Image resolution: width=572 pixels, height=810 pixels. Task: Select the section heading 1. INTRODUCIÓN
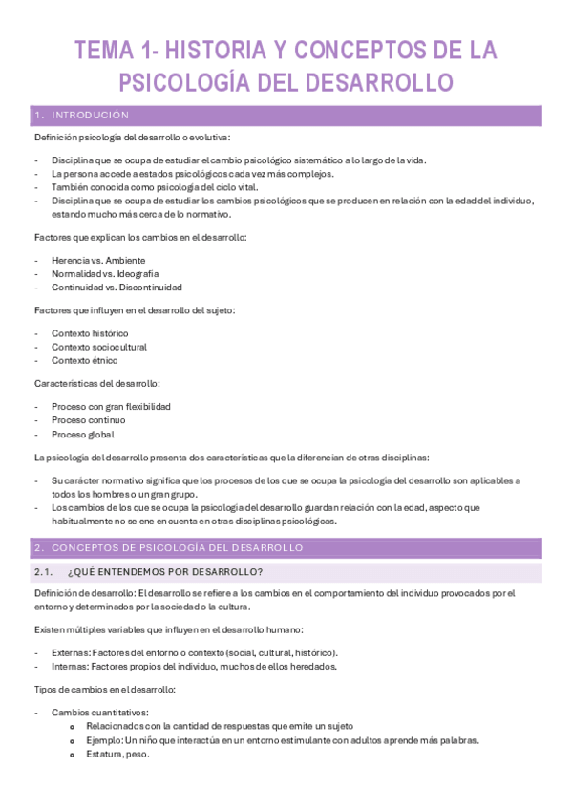pyautogui.click(x=81, y=116)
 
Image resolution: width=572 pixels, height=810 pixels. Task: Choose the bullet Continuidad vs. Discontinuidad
pyautogui.click(x=117, y=287)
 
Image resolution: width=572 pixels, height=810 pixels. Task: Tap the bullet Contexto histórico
pyautogui.click(x=90, y=333)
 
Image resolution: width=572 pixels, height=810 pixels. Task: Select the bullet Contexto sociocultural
pyautogui.click(x=99, y=347)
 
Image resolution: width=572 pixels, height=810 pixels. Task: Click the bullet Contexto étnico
pyautogui.click(x=84, y=360)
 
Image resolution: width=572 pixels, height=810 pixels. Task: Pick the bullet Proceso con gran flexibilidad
pyautogui.click(x=111, y=406)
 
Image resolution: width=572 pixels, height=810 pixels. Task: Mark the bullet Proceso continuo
pyautogui.click(x=88, y=419)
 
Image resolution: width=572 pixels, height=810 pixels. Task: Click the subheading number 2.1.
pyautogui.click(x=43, y=572)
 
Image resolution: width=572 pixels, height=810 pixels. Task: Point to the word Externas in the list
pyautogui.click(x=70, y=652)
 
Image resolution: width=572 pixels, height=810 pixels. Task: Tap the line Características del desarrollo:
pyautogui.click(x=96, y=383)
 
